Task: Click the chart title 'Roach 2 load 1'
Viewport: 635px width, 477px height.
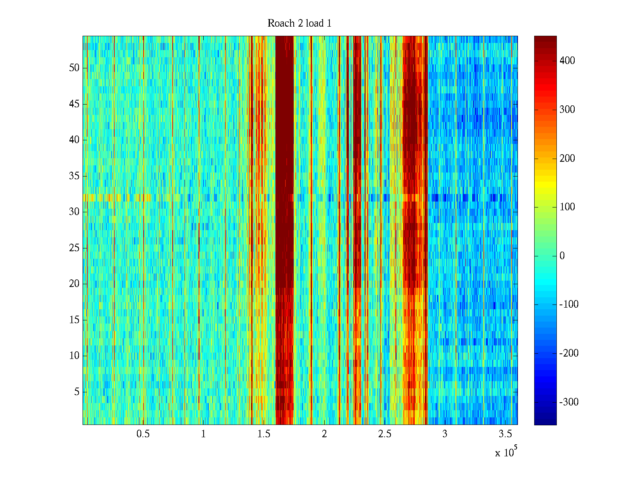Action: pyautogui.click(x=299, y=23)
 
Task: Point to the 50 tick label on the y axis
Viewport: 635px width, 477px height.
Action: pyautogui.click(x=74, y=68)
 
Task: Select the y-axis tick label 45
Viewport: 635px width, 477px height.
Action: pyautogui.click(x=74, y=104)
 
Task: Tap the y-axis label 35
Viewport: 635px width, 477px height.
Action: pyautogui.click(x=74, y=176)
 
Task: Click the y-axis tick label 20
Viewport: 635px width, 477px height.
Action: pyautogui.click(x=74, y=284)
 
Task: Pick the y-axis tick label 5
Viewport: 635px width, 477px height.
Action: pyautogui.click(x=77, y=392)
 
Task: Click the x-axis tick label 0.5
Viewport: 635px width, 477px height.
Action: pyautogui.click(x=143, y=434)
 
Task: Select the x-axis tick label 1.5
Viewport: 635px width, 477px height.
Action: pyautogui.click(x=264, y=434)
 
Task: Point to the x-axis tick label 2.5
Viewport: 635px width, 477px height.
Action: pyautogui.click(x=385, y=434)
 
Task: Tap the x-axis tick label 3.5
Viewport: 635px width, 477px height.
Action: pyautogui.click(x=505, y=434)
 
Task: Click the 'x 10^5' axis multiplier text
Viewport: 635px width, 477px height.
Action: pyautogui.click(x=506, y=452)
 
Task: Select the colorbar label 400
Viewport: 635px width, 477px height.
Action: pyautogui.click(x=567, y=61)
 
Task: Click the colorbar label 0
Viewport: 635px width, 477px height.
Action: pyautogui.click(x=562, y=256)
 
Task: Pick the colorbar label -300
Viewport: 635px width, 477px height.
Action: pyautogui.click(x=569, y=402)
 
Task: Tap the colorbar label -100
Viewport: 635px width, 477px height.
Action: pyautogui.click(x=569, y=305)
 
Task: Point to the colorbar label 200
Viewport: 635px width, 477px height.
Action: pyautogui.click(x=567, y=159)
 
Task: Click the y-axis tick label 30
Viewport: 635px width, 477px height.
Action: pyautogui.click(x=74, y=212)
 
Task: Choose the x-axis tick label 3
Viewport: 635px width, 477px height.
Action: pyautogui.click(x=445, y=434)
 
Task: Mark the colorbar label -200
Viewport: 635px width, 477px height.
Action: pyautogui.click(x=569, y=353)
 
